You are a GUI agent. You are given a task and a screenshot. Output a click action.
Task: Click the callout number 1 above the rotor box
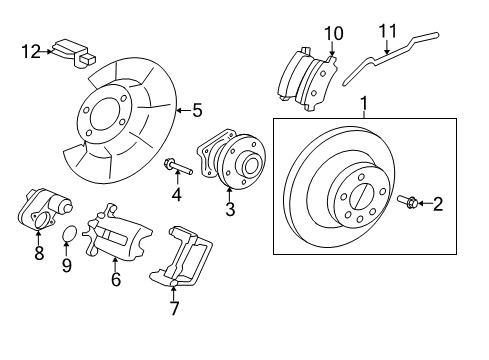(364, 102)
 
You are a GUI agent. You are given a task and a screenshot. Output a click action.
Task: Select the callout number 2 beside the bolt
(437, 205)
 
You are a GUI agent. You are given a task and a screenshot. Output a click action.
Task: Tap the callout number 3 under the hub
(229, 210)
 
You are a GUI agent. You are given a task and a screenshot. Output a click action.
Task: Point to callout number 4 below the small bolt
(177, 194)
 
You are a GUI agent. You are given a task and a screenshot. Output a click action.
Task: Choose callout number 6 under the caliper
(115, 281)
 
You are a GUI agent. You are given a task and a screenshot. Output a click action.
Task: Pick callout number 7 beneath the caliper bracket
(175, 309)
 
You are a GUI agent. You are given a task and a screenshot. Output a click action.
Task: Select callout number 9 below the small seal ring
(67, 265)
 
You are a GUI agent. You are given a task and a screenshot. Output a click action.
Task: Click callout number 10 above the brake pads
(332, 35)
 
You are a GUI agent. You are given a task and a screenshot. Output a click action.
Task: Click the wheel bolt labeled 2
(409, 203)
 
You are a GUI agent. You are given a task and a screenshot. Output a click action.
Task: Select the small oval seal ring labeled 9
(68, 235)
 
